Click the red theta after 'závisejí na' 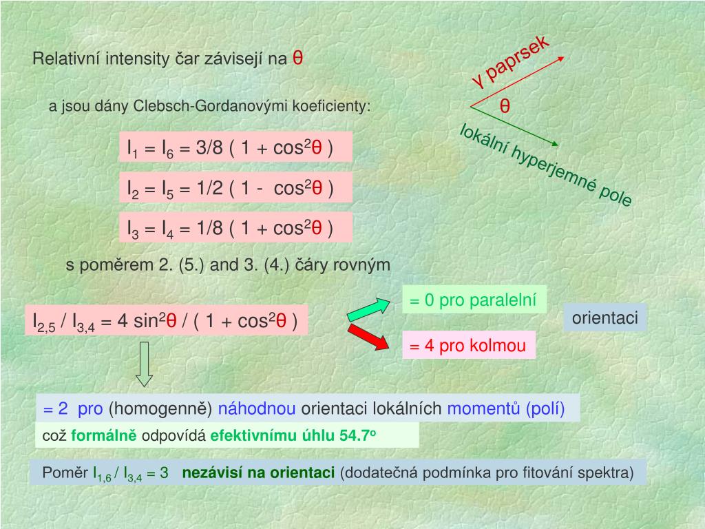pos(298,58)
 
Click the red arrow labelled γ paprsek pos(517,82)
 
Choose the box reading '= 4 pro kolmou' pos(467,346)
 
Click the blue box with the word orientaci pos(605,318)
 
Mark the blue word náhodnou pos(257,409)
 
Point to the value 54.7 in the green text pos(355,436)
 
